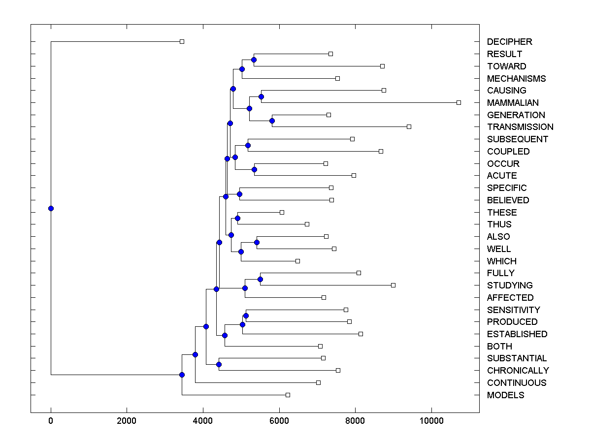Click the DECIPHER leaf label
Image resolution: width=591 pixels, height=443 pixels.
[509, 42]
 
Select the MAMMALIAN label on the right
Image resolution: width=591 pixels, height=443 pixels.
[513, 103]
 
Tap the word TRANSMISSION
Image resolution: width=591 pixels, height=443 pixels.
[520, 127]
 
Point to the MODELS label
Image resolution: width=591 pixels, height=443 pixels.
[505, 395]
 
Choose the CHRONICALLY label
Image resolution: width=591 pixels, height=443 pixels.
[518, 371]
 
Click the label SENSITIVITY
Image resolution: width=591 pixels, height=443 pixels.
[513, 310]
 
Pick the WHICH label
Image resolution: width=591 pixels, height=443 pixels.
[501, 261]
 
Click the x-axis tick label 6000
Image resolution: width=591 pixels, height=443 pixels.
[279, 421]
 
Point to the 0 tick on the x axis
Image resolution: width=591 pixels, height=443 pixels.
[51, 421]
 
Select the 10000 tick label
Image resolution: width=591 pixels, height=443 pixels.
[431, 421]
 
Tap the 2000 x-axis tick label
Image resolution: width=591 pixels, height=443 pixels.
[127, 421]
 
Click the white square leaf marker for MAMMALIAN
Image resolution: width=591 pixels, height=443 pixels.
[459, 102]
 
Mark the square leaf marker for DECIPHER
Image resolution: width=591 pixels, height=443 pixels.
[182, 41]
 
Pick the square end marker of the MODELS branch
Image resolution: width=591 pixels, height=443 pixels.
[288, 395]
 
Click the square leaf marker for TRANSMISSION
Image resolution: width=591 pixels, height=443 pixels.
[409, 127]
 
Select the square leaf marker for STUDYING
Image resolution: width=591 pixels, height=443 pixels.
[393, 285]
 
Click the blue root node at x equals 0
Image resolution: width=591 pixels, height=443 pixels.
[51, 208]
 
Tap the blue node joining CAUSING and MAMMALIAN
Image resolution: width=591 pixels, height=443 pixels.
[261, 96]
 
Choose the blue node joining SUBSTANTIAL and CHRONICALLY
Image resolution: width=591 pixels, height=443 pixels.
[219, 364]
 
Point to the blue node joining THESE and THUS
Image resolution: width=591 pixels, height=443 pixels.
[237, 218]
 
